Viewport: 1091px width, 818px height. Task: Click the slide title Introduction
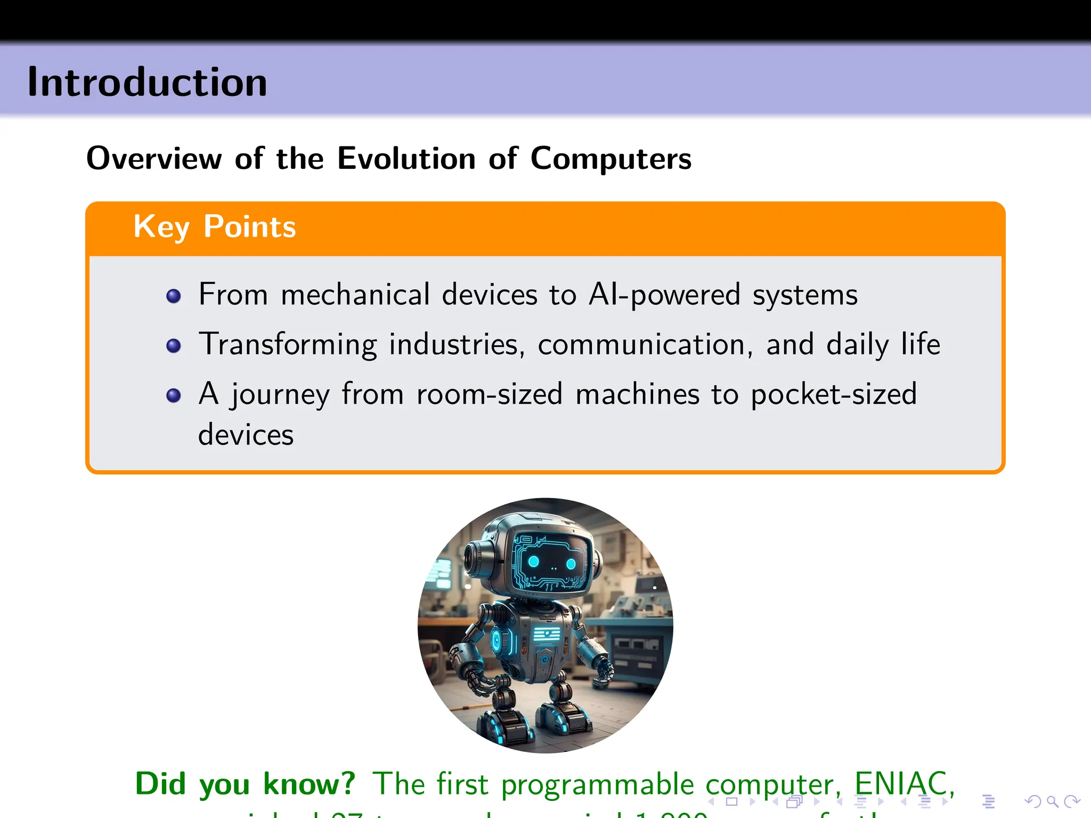[147, 83]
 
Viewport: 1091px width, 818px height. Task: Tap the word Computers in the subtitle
[610, 158]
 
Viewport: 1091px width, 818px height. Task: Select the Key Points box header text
[214, 227]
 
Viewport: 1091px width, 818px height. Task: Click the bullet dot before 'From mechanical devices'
[173, 296]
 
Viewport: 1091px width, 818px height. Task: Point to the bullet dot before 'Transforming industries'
[173, 346]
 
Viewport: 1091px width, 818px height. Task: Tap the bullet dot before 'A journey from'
[173, 396]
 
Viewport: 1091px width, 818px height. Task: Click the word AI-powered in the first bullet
[664, 295]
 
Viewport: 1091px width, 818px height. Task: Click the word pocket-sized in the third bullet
[833, 395]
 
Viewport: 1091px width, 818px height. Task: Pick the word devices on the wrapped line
[246, 435]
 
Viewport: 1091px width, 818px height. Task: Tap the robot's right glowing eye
[571, 564]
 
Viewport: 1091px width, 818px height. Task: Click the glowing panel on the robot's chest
[547, 634]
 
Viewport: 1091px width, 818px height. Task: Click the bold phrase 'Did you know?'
[245, 784]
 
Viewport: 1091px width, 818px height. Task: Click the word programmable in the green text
[597, 785]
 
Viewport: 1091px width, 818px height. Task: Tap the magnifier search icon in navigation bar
[1052, 801]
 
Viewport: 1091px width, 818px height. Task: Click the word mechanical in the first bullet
[355, 295]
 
